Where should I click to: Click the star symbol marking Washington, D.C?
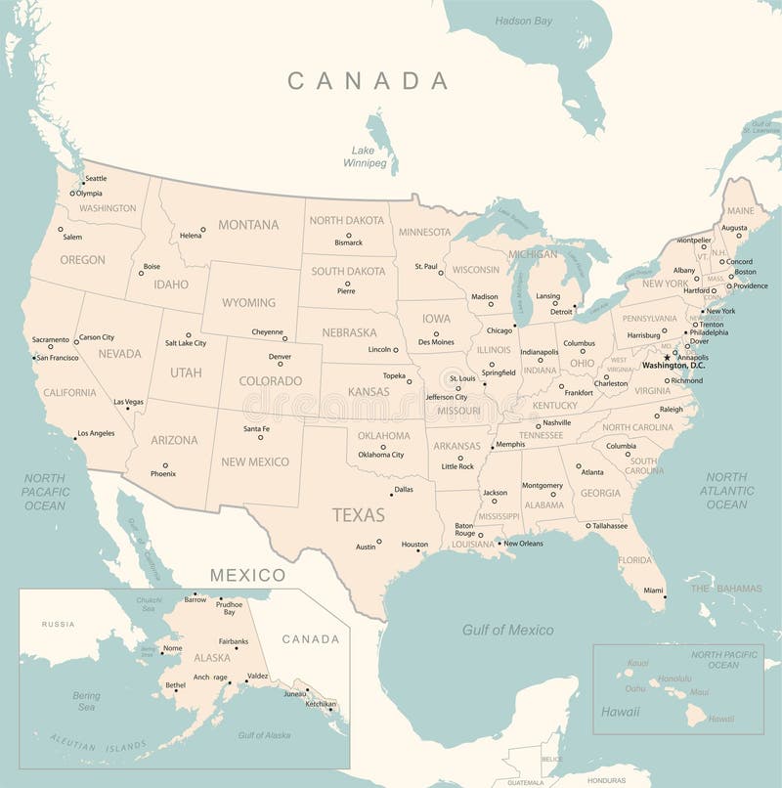click(667, 357)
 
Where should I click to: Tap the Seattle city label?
click(96, 178)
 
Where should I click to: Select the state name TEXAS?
click(358, 514)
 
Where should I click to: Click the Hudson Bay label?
click(523, 21)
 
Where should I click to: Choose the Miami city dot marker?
click(665, 597)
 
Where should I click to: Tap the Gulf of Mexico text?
click(507, 631)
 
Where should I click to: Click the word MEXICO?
click(247, 575)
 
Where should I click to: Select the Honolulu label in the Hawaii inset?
click(674, 678)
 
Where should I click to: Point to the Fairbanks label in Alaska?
click(233, 641)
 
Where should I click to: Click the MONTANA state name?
click(248, 225)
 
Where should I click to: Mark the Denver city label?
click(280, 357)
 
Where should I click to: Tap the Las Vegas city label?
click(128, 402)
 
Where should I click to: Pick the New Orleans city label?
click(523, 543)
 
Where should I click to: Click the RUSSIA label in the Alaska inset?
click(58, 624)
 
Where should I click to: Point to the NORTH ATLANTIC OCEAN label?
click(726, 491)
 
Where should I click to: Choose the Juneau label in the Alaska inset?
click(294, 693)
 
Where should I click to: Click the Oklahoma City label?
click(380, 455)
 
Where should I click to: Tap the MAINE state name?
click(740, 210)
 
